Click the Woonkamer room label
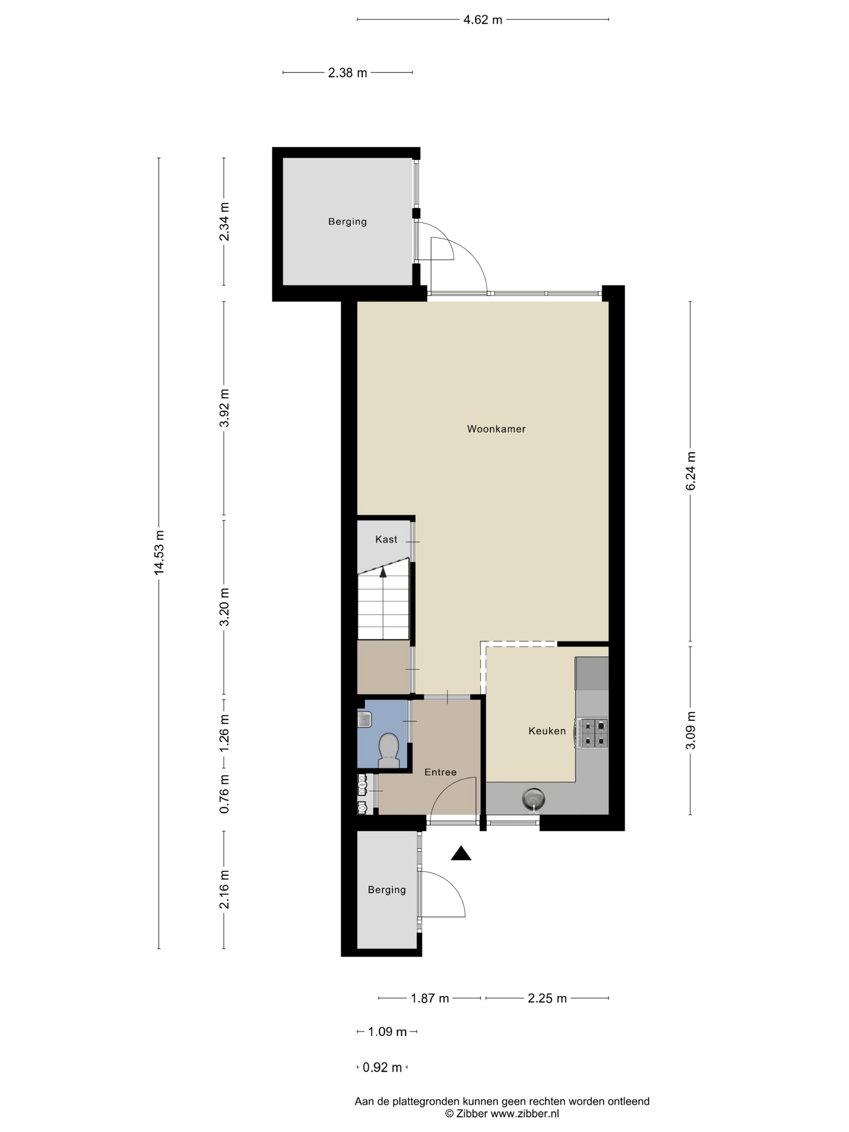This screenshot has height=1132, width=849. [x=496, y=429]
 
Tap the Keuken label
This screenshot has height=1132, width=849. [x=547, y=731]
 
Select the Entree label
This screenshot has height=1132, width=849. [x=440, y=772]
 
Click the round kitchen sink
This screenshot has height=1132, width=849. [x=533, y=798]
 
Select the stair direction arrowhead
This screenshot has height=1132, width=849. [x=383, y=572]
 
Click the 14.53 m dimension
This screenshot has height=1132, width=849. [x=160, y=552]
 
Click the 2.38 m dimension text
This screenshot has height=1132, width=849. [x=347, y=73]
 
